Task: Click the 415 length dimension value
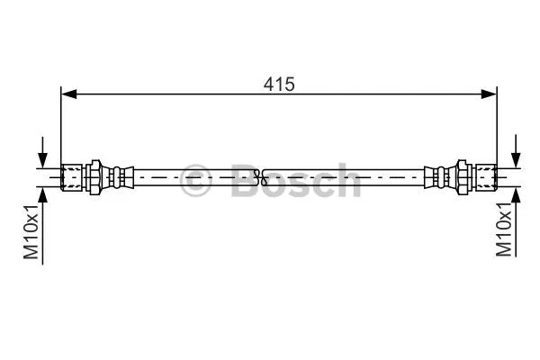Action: click(x=280, y=84)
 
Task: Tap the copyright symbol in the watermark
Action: click(x=194, y=180)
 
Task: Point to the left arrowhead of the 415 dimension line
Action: click(x=67, y=93)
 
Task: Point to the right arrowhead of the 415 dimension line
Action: click(x=490, y=93)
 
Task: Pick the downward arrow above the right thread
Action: click(x=516, y=154)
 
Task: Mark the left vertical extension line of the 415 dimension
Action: click(x=61, y=126)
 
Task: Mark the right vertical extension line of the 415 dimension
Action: click(x=497, y=126)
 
